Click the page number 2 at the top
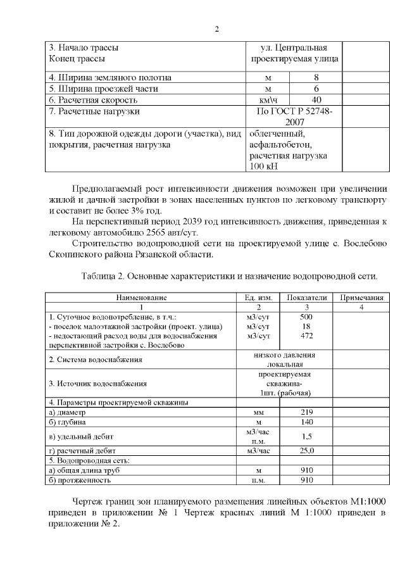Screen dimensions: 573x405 coord(216,29)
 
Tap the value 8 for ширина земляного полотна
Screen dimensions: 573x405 coord(316,77)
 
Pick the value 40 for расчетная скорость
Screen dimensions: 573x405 coord(316,100)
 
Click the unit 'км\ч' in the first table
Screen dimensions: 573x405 coord(268,100)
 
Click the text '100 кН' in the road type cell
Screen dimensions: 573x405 coord(263,167)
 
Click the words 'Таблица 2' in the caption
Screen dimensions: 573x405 coord(103,277)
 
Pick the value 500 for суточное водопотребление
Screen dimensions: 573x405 coord(307,317)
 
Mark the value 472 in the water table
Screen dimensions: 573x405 coord(307,336)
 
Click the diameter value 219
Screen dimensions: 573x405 coord(307,412)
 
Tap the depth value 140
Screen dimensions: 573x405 coord(307,422)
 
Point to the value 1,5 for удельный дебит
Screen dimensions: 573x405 coord(307,436)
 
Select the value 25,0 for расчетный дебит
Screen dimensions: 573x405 coord(307,451)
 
